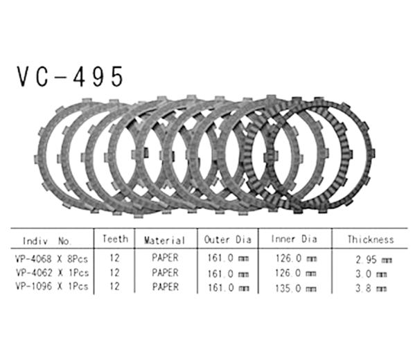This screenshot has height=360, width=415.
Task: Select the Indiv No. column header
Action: (46, 242)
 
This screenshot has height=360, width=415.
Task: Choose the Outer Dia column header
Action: (229, 240)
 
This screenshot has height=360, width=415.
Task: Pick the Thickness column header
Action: (371, 240)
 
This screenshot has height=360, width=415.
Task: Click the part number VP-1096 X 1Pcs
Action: (51, 287)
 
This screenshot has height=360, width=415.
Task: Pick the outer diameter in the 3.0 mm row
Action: (229, 273)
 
